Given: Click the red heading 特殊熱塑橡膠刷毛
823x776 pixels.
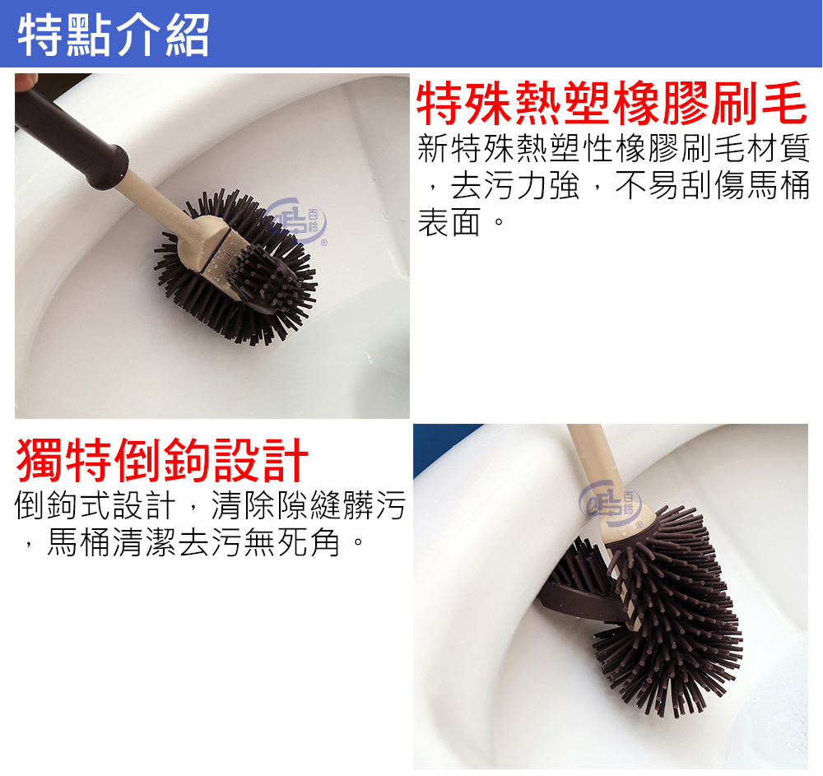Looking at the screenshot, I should tap(611, 105).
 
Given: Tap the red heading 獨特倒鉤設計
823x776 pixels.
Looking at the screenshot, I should tap(163, 460).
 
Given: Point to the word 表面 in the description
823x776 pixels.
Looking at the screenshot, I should tap(449, 222).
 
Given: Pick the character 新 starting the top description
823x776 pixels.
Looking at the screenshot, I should tap(433, 149).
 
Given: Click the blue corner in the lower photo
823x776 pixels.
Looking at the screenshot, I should tap(440, 444).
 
